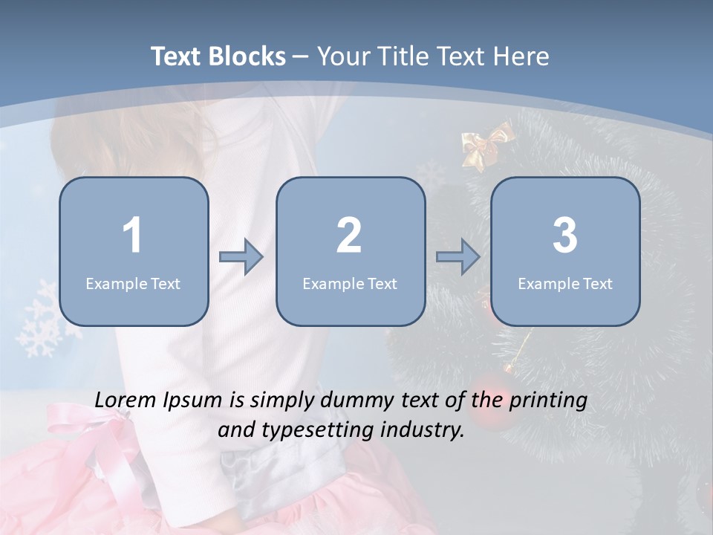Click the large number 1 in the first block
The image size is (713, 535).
coord(132,236)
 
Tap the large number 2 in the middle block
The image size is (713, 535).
coord(349,236)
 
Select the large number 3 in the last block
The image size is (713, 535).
coord(564,236)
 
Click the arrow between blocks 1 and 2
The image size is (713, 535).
coord(241,257)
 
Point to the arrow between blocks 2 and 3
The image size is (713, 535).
coord(458,257)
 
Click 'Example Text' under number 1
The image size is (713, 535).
coord(133,283)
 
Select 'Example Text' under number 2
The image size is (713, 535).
coord(350,283)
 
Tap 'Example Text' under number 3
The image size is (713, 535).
coord(565,283)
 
